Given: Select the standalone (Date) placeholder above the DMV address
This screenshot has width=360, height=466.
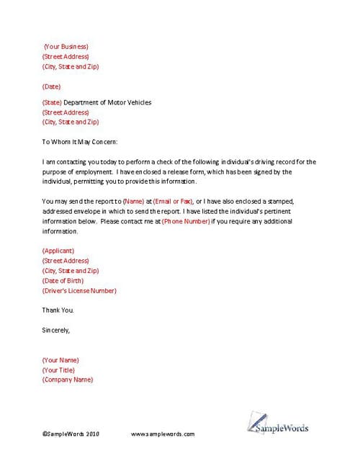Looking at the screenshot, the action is (52, 86).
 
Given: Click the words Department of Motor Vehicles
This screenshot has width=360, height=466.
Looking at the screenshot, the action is (107, 102).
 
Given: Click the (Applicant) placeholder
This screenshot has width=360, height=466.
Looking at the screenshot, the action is (58, 251).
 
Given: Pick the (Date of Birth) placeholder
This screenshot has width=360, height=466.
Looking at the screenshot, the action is (63, 281).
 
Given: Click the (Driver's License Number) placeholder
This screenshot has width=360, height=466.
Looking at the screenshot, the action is (79, 291).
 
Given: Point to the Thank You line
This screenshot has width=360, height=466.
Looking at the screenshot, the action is (58, 310).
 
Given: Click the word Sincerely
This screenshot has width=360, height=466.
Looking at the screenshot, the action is (56, 331).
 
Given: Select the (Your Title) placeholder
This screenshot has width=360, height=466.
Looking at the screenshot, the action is (59, 369).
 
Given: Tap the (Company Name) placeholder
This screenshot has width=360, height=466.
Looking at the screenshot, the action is (68, 380).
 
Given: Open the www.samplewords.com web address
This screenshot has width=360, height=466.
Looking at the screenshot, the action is (163, 435).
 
